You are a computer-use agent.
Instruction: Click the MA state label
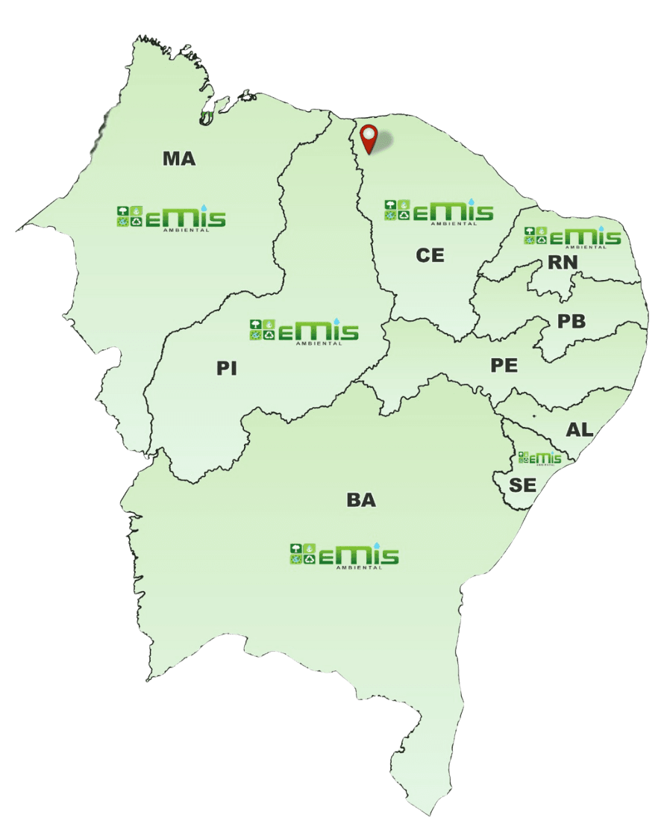[x=179, y=158]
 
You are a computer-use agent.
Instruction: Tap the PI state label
[x=227, y=369]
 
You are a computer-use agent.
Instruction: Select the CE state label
[x=430, y=255]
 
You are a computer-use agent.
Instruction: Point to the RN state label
[x=563, y=262]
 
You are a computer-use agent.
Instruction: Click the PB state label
[x=572, y=322]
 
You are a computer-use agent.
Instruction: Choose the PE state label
[x=504, y=366]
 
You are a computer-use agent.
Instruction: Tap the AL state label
[x=580, y=430]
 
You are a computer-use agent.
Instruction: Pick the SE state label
[x=522, y=485]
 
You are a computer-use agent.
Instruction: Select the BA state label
[x=361, y=500]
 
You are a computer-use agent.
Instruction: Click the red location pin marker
[x=369, y=138]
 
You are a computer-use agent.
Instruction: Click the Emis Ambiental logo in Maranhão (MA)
[x=171, y=217]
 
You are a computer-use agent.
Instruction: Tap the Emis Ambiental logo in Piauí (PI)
[x=304, y=331]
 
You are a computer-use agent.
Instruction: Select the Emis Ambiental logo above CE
[x=439, y=211]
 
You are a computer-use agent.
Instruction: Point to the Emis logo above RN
[x=572, y=237]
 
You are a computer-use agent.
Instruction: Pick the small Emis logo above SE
[x=539, y=458]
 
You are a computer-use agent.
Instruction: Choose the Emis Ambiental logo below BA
[x=344, y=555]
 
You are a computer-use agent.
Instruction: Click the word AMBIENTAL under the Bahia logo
[x=360, y=567]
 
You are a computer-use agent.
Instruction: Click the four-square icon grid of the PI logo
[x=262, y=330]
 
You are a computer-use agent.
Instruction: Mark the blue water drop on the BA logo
[x=377, y=545]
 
